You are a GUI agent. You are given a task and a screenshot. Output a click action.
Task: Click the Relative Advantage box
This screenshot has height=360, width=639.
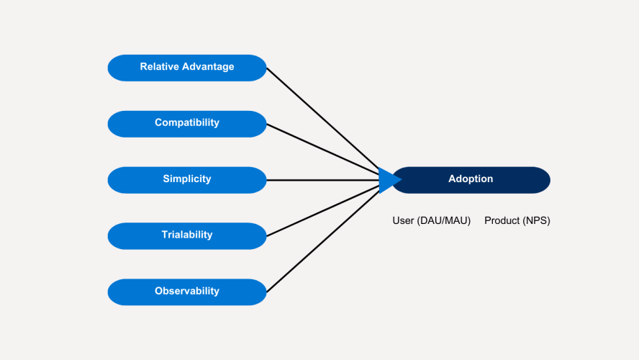point(187,68)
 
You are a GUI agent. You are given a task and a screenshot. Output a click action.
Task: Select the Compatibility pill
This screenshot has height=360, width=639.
point(187,123)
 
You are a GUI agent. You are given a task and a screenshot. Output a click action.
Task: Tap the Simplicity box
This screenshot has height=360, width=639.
point(187,179)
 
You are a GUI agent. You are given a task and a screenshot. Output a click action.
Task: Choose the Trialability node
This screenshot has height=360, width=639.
point(187,235)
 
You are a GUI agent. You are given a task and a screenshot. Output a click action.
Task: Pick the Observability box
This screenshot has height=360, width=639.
point(187,292)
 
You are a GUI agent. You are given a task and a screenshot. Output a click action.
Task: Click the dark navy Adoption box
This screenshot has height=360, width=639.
point(471,179)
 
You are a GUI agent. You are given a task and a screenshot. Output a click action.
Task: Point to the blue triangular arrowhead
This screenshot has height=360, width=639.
point(388,180)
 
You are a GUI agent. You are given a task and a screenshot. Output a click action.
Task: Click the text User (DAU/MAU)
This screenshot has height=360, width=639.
point(431,221)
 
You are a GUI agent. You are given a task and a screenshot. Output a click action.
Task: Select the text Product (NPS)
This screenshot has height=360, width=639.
point(517,221)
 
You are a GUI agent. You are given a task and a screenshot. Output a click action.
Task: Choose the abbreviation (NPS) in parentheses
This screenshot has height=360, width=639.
point(537,221)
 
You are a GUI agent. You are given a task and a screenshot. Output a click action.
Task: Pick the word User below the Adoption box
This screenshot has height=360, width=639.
point(403,221)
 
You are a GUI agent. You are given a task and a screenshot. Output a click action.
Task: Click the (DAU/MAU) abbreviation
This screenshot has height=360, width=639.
point(444,221)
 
